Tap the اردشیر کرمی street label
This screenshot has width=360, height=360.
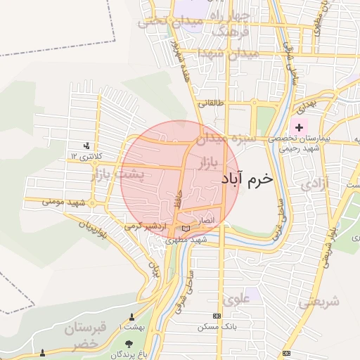pyautogui.click(x=144, y=226)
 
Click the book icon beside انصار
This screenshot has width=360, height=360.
pyautogui.click(x=186, y=229)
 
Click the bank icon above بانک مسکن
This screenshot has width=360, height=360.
pyautogui.click(x=217, y=316)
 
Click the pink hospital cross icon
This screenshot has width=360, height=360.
pyautogui.click(x=300, y=127)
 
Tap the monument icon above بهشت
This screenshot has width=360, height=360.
pyautogui.click(x=131, y=317)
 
